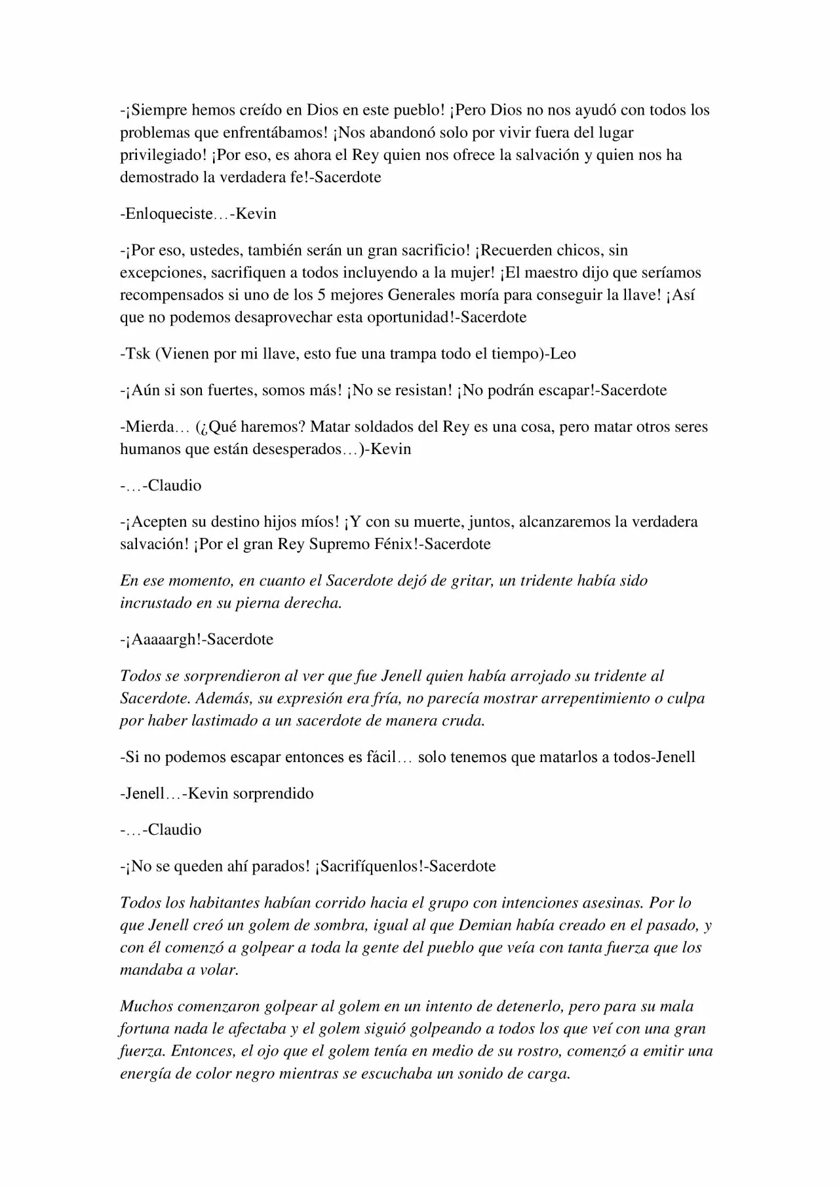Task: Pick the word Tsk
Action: [x=138, y=354]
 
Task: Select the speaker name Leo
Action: [x=563, y=354]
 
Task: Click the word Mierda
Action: [x=148, y=427]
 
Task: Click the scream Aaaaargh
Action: [x=165, y=640]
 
